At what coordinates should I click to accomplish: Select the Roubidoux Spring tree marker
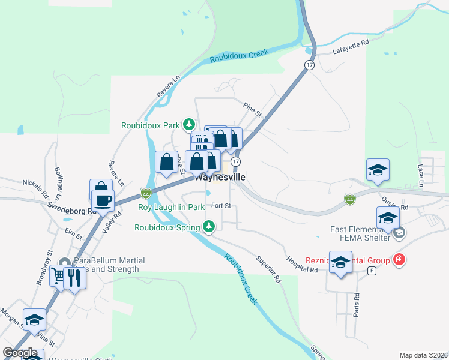pos(209,226)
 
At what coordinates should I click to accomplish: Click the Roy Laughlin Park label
pos(172,208)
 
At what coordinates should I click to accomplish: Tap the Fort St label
pos(221,206)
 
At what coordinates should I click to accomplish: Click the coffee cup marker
pos(102,199)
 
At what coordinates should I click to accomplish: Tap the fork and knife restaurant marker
pos(74,277)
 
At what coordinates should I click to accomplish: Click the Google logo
pos(20,353)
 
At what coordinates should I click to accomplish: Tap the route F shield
pos(372,271)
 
